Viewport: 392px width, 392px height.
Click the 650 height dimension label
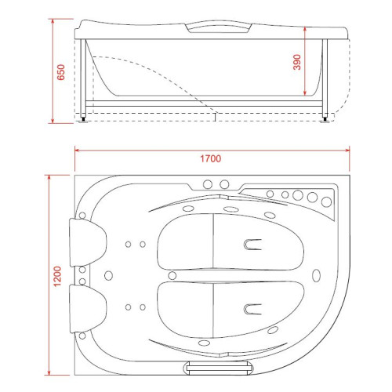click(60, 72)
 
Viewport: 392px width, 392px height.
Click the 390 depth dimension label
click(297, 62)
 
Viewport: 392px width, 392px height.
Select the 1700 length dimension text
click(211, 158)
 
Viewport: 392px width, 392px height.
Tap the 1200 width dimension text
click(57, 276)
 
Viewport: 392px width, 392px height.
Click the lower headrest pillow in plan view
click(88, 309)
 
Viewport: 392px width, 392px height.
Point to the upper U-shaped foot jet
click(252, 245)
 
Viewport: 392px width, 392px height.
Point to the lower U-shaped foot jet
click(252, 309)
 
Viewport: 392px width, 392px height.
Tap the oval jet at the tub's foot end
click(316, 275)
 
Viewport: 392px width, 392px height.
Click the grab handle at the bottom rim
click(218, 368)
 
